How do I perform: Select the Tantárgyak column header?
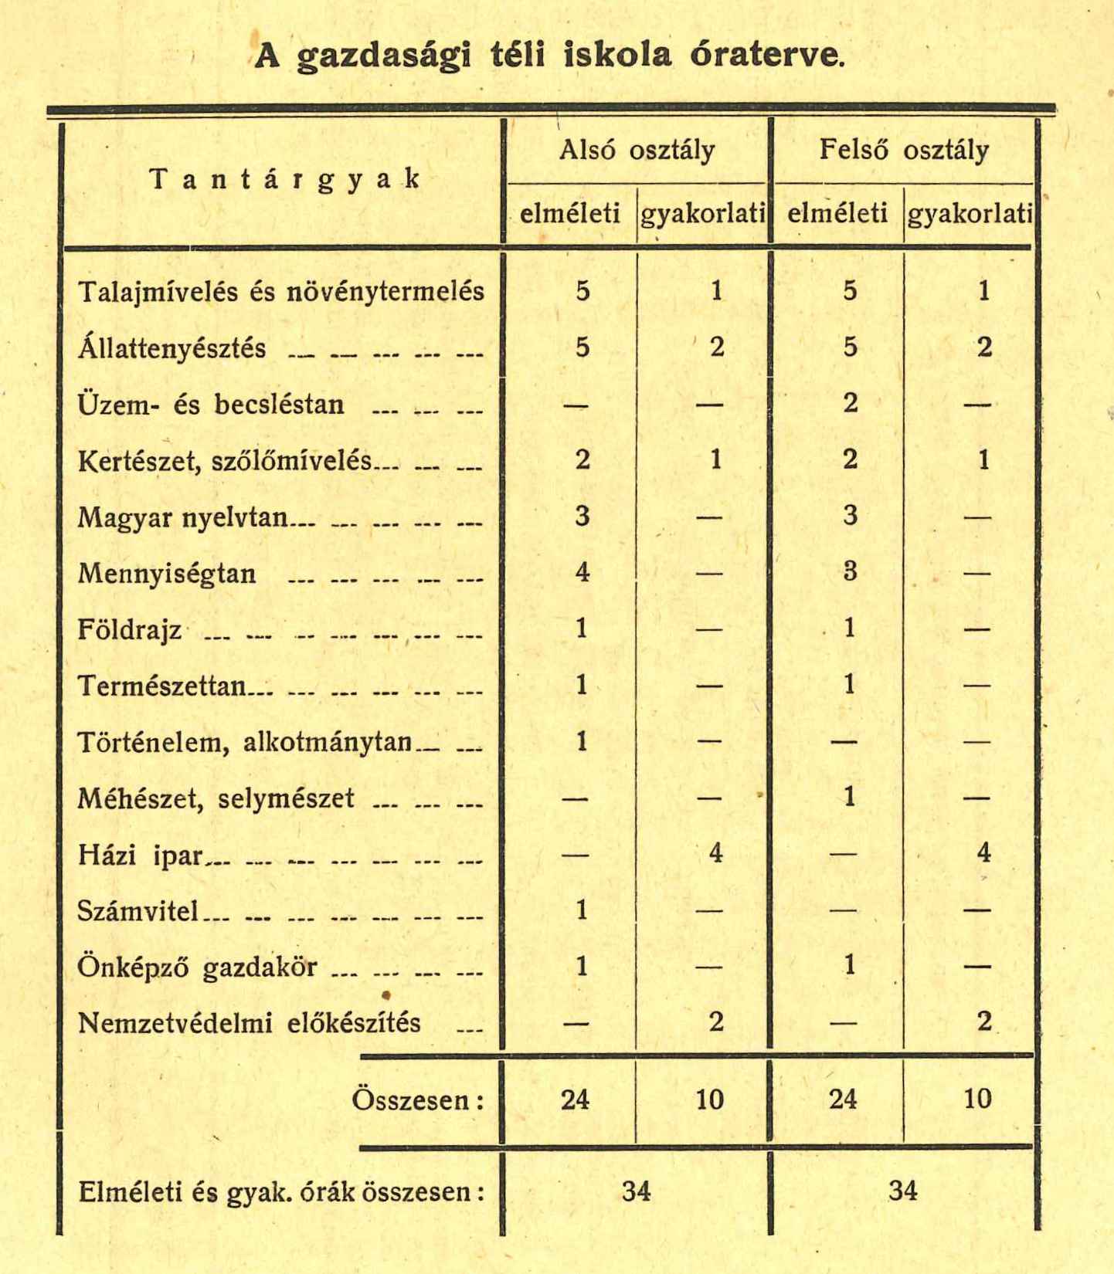[x=284, y=179]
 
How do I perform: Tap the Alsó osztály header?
[x=637, y=150]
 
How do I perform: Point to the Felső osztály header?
[x=903, y=150]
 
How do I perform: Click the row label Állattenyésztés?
[x=172, y=348]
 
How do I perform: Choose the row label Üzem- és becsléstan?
[x=211, y=405]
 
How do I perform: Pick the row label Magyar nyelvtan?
[x=182, y=517]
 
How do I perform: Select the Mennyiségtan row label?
[x=167, y=574]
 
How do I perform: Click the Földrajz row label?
[x=130, y=630]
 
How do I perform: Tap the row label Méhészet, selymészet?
[x=216, y=798]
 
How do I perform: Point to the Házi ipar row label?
[x=140, y=856]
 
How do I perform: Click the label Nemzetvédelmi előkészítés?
[x=250, y=1023]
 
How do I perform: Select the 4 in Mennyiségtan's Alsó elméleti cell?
[x=582, y=573]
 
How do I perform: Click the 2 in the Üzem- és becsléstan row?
[x=850, y=404]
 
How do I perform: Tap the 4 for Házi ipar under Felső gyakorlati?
[x=983, y=854]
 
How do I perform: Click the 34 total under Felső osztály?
[x=902, y=1191]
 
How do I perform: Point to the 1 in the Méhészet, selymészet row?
[x=850, y=797]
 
